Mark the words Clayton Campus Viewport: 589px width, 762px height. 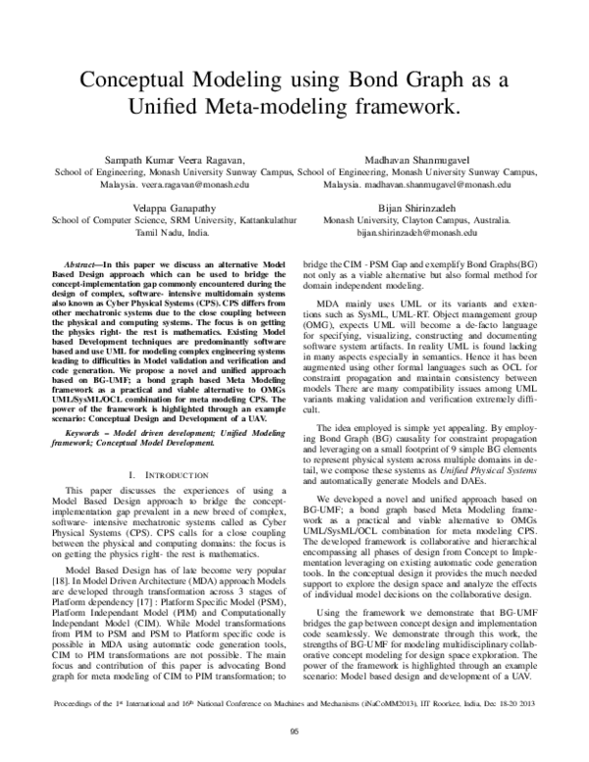(x=449, y=222)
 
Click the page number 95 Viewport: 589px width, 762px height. (x=294, y=743)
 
